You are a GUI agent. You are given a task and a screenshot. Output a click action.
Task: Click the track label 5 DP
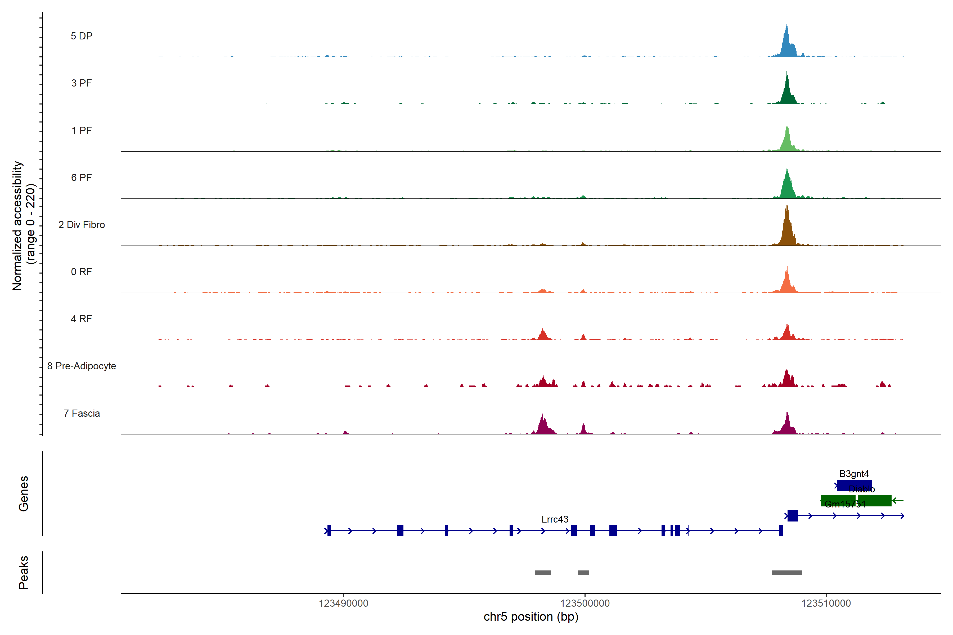click(82, 36)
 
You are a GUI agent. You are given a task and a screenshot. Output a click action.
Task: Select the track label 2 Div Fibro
click(82, 225)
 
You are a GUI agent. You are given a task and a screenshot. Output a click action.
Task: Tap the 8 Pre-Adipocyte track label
click(82, 366)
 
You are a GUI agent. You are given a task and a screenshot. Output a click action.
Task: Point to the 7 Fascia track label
click(82, 414)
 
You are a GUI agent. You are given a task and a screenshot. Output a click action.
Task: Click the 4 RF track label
click(82, 319)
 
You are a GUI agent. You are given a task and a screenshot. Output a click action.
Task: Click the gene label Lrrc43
click(555, 519)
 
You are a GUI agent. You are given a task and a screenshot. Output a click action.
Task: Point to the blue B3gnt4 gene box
click(854, 485)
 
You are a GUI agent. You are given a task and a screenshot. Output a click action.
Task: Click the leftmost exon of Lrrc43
click(329, 530)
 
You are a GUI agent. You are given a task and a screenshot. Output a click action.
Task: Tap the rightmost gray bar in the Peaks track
click(786, 573)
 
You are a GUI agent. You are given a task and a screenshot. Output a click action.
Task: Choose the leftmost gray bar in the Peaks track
click(543, 573)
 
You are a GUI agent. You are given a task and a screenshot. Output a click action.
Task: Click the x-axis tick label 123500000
click(585, 604)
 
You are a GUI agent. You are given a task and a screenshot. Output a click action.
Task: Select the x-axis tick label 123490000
click(344, 604)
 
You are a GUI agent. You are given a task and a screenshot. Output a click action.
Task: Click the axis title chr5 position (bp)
click(531, 617)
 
